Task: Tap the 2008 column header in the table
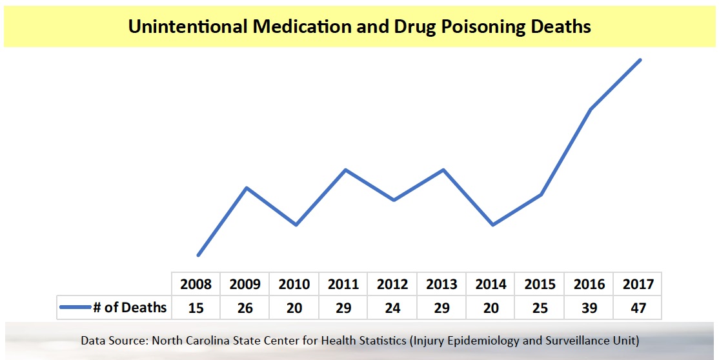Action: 196,284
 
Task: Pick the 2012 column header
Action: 392,284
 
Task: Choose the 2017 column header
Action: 638,284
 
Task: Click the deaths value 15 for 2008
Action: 196,308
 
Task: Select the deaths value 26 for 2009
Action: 245,308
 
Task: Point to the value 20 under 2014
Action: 491,308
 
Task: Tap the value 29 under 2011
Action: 343,308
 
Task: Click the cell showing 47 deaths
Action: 638,308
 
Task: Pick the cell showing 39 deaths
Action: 589,308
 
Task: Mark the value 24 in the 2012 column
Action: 392,308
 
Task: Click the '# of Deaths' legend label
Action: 130,308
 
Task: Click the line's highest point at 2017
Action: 640,60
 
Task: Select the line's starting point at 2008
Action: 198,255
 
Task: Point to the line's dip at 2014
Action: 492,225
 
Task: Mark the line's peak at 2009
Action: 247,188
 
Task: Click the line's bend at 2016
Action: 591,109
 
